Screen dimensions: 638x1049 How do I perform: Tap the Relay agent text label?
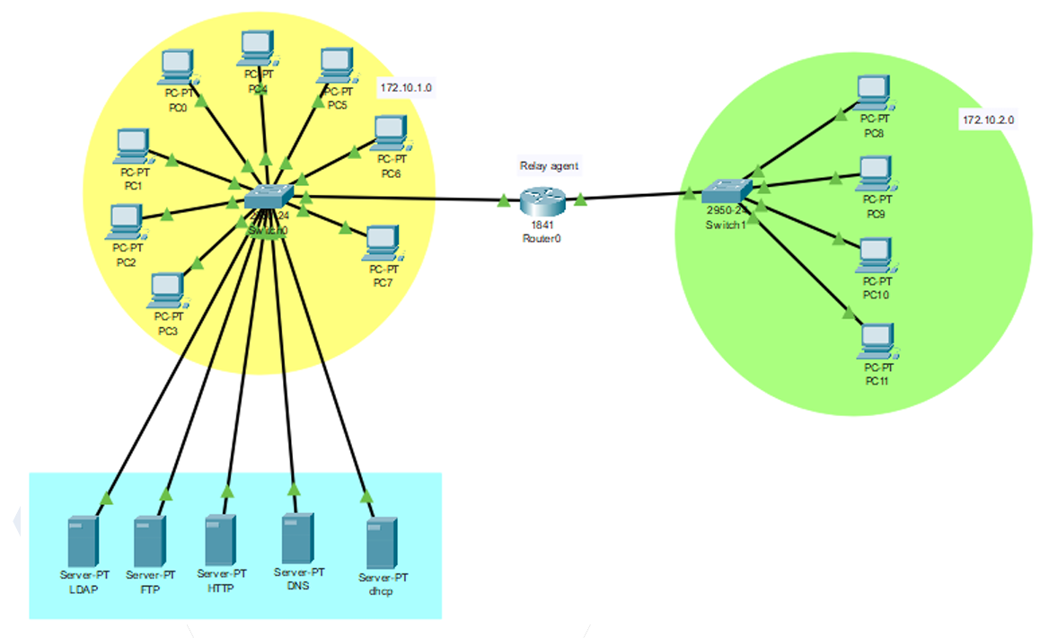click(550, 165)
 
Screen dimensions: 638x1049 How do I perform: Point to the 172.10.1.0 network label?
click(407, 88)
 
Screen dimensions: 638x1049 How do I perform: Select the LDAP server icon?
click(83, 539)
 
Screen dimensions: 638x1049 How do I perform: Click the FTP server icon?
click(149, 540)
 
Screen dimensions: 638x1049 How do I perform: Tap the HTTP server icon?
click(220, 539)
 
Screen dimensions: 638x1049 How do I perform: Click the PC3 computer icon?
click(167, 289)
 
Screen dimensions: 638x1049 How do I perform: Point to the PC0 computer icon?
click(177, 66)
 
